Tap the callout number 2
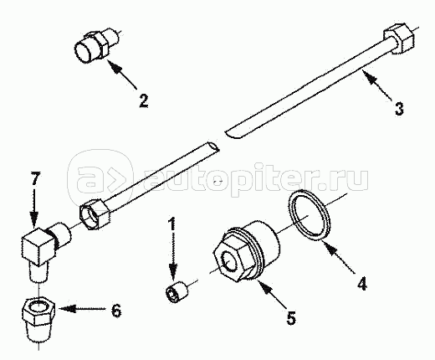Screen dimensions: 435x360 pos(144,100)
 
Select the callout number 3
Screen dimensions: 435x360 pos(399,109)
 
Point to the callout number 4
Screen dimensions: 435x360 pos(361,282)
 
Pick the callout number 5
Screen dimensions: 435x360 pos(291,317)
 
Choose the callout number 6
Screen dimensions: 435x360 pos(116,310)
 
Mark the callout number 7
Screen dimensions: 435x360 pos(35,179)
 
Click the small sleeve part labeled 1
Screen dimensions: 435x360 pos(177,292)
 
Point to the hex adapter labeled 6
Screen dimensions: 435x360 pos(38,321)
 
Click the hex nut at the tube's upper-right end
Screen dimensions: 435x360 pos(398,39)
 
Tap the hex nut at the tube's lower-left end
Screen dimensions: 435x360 pos(95,215)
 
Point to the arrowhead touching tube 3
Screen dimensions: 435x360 pos(369,78)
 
